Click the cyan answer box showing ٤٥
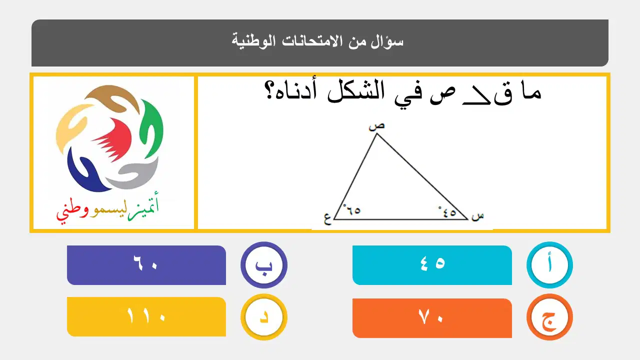432,265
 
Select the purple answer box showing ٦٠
146,265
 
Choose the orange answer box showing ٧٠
432,318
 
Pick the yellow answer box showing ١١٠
146,316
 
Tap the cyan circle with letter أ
549,264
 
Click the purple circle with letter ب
263,265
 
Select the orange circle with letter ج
549,317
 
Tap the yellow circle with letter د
263,317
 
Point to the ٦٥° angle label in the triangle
351,209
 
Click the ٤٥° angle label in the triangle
447,212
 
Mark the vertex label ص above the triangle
376,126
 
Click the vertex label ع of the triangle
327,219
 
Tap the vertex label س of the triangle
477,216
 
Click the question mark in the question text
269,91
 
